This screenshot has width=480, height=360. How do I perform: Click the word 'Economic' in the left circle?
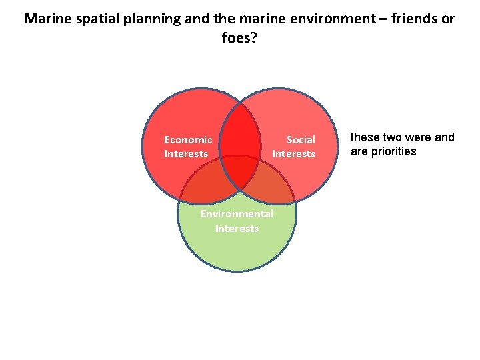coord(188,140)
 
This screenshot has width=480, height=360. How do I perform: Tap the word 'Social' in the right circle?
coord(301,140)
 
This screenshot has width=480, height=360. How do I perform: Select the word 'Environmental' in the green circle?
coord(237,214)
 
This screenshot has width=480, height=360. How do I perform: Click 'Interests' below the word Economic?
coord(186,154)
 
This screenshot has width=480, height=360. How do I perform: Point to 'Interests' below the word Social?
coord(293,154)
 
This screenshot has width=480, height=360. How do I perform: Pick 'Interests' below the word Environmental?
coord(237,229)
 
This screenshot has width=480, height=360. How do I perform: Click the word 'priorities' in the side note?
coord(395,151)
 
